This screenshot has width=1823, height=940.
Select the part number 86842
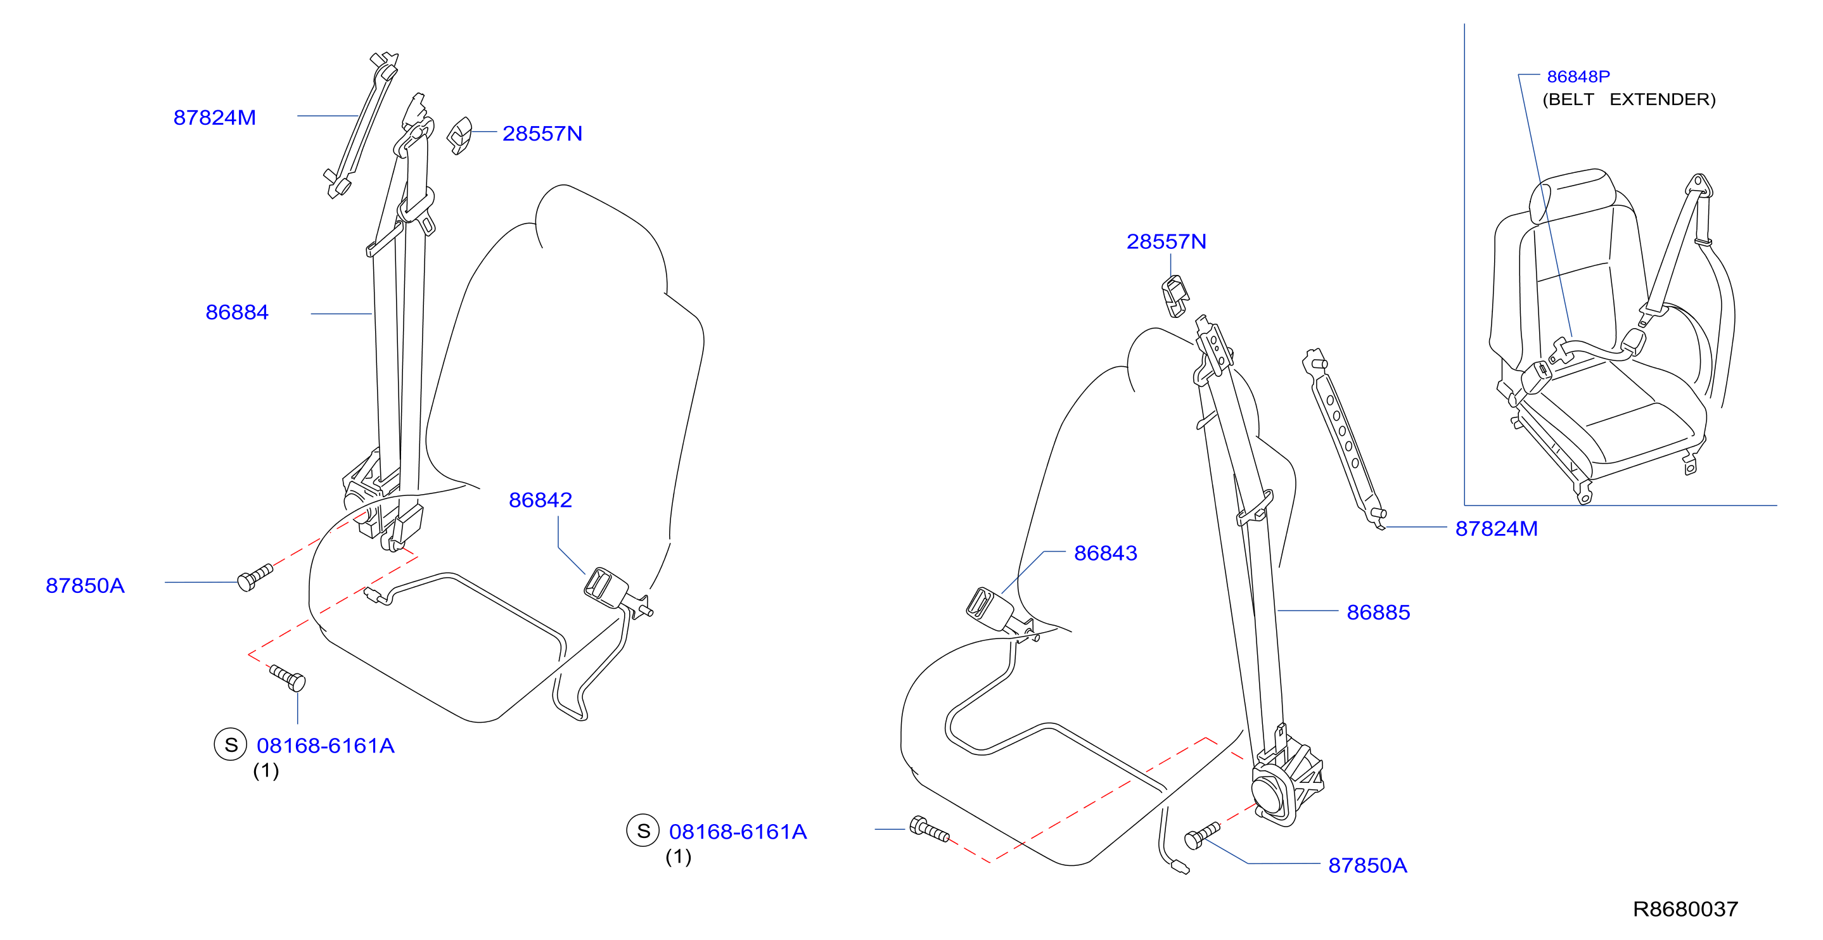click(x=540, y=500)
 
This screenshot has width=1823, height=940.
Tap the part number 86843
click(x=1106, y=553)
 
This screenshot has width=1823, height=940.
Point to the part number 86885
click(x=1378, y=613)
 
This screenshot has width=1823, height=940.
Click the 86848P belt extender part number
click(x=1578, y=77)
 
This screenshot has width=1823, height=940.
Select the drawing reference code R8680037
click(x=1685, y=909)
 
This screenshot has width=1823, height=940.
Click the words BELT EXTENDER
click(x=1629, y=99)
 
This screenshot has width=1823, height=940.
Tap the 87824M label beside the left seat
click(x=214, y=117)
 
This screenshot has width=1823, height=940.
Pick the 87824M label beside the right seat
click(x=1496, y=528)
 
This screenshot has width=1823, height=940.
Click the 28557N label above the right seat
click(x=1167, y=241)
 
